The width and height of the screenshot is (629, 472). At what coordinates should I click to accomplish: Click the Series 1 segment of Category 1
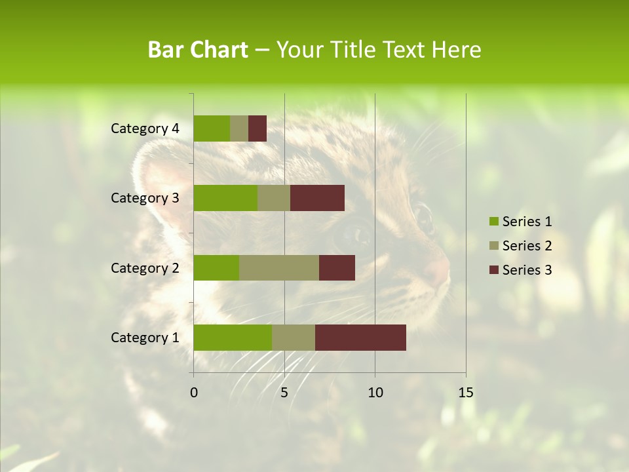(233, 338)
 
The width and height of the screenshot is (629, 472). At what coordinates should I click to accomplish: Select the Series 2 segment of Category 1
(294, 338)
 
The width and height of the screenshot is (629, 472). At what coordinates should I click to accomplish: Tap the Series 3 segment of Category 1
(360, 338)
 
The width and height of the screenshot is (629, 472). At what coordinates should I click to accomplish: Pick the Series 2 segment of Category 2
(279, 267)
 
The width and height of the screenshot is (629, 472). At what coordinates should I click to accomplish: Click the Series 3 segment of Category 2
(337, 267)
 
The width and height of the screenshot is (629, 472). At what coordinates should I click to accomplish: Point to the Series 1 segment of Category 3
(225, 198)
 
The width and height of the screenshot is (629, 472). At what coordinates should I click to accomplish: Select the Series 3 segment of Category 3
(317, 198)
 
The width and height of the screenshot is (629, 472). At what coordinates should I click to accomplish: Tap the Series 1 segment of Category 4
(212, 128)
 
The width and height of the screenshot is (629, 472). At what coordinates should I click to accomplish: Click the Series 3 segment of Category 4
(257, 128)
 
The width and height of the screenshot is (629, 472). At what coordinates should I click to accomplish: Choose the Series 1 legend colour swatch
(493, 222)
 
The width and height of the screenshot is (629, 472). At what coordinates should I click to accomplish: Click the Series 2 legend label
(527, 246)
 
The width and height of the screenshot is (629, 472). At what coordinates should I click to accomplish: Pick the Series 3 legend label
(527, 270)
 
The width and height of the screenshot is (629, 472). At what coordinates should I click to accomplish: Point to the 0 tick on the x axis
(194, 393)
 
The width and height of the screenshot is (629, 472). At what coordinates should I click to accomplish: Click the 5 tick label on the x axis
(284, 393)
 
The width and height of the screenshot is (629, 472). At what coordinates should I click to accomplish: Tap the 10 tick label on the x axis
(375, 393)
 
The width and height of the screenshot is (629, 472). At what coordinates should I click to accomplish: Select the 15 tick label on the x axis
(465, 393)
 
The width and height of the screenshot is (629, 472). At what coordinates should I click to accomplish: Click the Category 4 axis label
(145, 128)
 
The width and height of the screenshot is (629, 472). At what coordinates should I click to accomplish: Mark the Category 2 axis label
(145, 267)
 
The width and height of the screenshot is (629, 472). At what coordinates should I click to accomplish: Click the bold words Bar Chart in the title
(198, 50)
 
